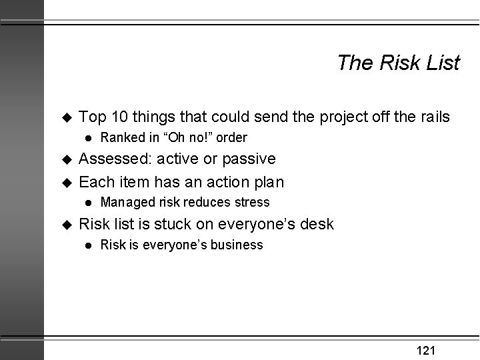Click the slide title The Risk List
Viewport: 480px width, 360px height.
[398, 63]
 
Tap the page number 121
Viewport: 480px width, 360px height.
[426, 351]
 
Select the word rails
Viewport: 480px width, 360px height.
[433, 117]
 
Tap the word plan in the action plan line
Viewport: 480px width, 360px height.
[269, 181]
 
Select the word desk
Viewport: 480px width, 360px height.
[317, 224]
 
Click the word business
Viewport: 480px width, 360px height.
[237, 245]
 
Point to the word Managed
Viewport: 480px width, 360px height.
[125, 202]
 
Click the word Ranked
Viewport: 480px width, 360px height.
[121, 138]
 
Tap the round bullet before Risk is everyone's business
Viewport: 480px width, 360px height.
[87, 245]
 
